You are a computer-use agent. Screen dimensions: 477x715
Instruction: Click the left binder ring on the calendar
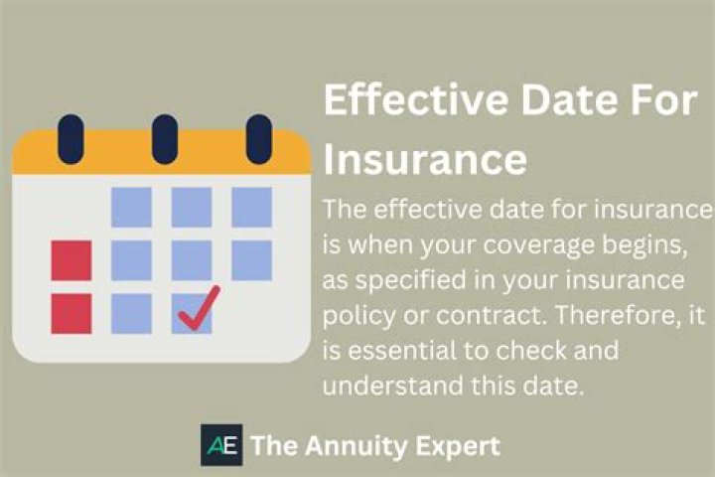(x=71, y=138)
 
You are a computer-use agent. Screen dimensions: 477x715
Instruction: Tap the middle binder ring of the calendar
(x=165, y=138)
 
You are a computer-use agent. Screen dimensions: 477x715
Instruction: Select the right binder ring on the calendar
(x=258, y=138)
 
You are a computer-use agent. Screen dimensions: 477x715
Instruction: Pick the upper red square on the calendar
(x=71, y=260)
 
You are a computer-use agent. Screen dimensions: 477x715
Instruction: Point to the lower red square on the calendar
(x=71, y=313)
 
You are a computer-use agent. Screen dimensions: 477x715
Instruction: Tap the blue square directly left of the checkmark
(x=131, y=313)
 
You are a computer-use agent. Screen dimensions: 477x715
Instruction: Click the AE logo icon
(x=221, y=445)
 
